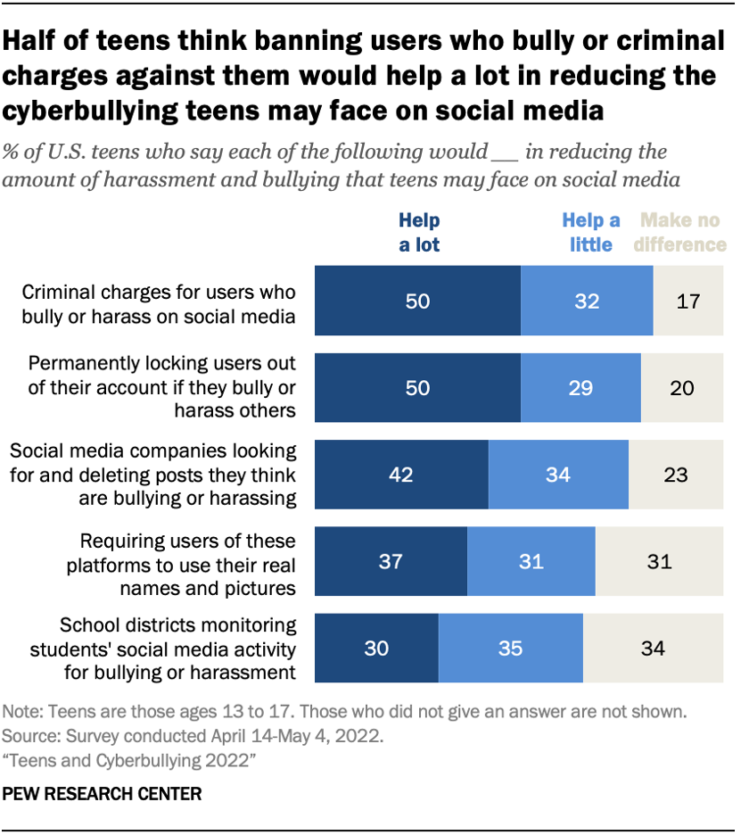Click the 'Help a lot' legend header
pyautogui.click(x=418, y=232)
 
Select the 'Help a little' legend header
pyautogui.click(x=590, y=232)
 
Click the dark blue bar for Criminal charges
pyautogui.click(x=417, y=302)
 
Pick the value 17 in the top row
pyautogui.click(x=687, y=302)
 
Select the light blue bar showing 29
pyautogui.click(x=580, y=388)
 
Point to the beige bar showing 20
pyautogui.click(x=681, y=388)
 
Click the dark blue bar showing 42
pyautogui.click(x=401, y=475)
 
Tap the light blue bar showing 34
pyautogui.click(x=558, y=475)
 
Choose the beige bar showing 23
pyautogui.click(x=675, y=475)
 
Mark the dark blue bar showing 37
pyautogui.click(x=391, y=561)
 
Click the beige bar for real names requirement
pyautogui.click(x=659, y=561)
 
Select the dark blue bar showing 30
pyautogui.click(x=376, y=648)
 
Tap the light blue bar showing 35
pyautogui.click(x=510, y=648)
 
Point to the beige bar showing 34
pyautogui.click(x=653, y=648)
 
